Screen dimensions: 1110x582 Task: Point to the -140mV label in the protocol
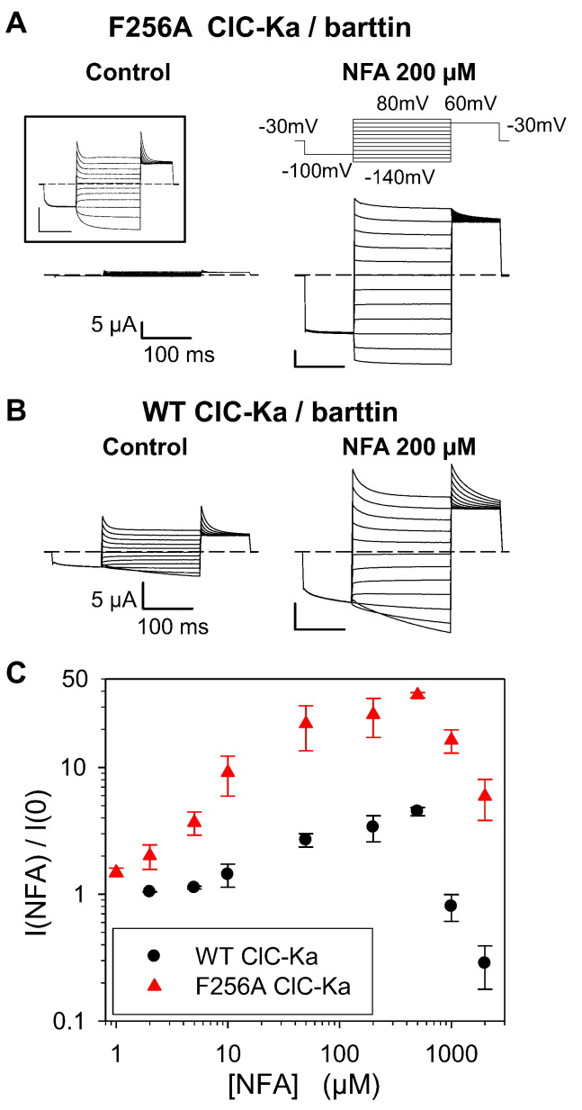point(399,176)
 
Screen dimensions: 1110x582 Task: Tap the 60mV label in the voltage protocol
point(473,104)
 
